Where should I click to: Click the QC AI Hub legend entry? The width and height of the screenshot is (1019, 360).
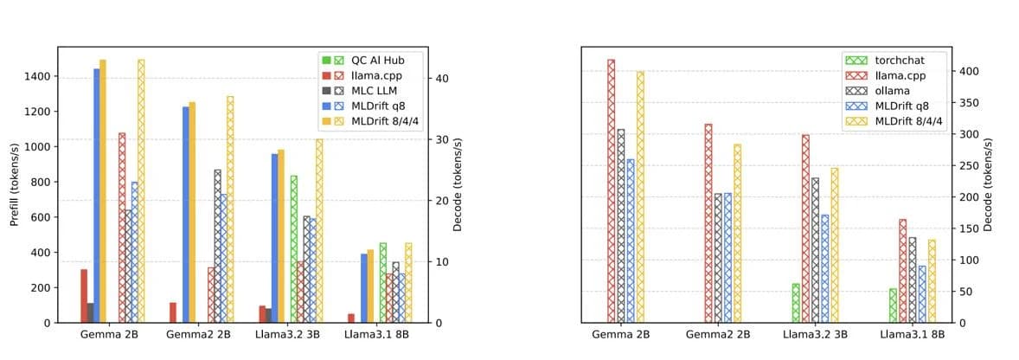(x=371, y=60)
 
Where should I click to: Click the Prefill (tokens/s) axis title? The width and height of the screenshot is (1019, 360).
(x=15, y=184)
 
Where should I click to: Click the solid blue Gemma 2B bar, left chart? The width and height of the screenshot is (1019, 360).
(x=97, y=196)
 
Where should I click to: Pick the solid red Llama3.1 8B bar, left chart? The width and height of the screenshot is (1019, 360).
(x=351, y=318)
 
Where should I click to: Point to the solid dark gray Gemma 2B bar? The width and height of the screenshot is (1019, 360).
(x=90, y=312)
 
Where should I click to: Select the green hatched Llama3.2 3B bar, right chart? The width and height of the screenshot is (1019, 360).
(x=796, y=303)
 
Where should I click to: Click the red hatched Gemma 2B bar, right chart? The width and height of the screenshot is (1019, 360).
(x=611, y=191)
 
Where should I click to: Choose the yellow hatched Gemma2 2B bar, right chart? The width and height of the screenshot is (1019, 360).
(x=737, y=234)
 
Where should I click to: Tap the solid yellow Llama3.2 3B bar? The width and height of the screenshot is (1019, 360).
(x=281, y=236)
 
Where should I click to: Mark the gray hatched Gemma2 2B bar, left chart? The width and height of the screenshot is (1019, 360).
(x=218, y=247)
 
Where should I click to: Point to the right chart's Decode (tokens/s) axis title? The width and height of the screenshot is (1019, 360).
(x=988, y=185)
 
